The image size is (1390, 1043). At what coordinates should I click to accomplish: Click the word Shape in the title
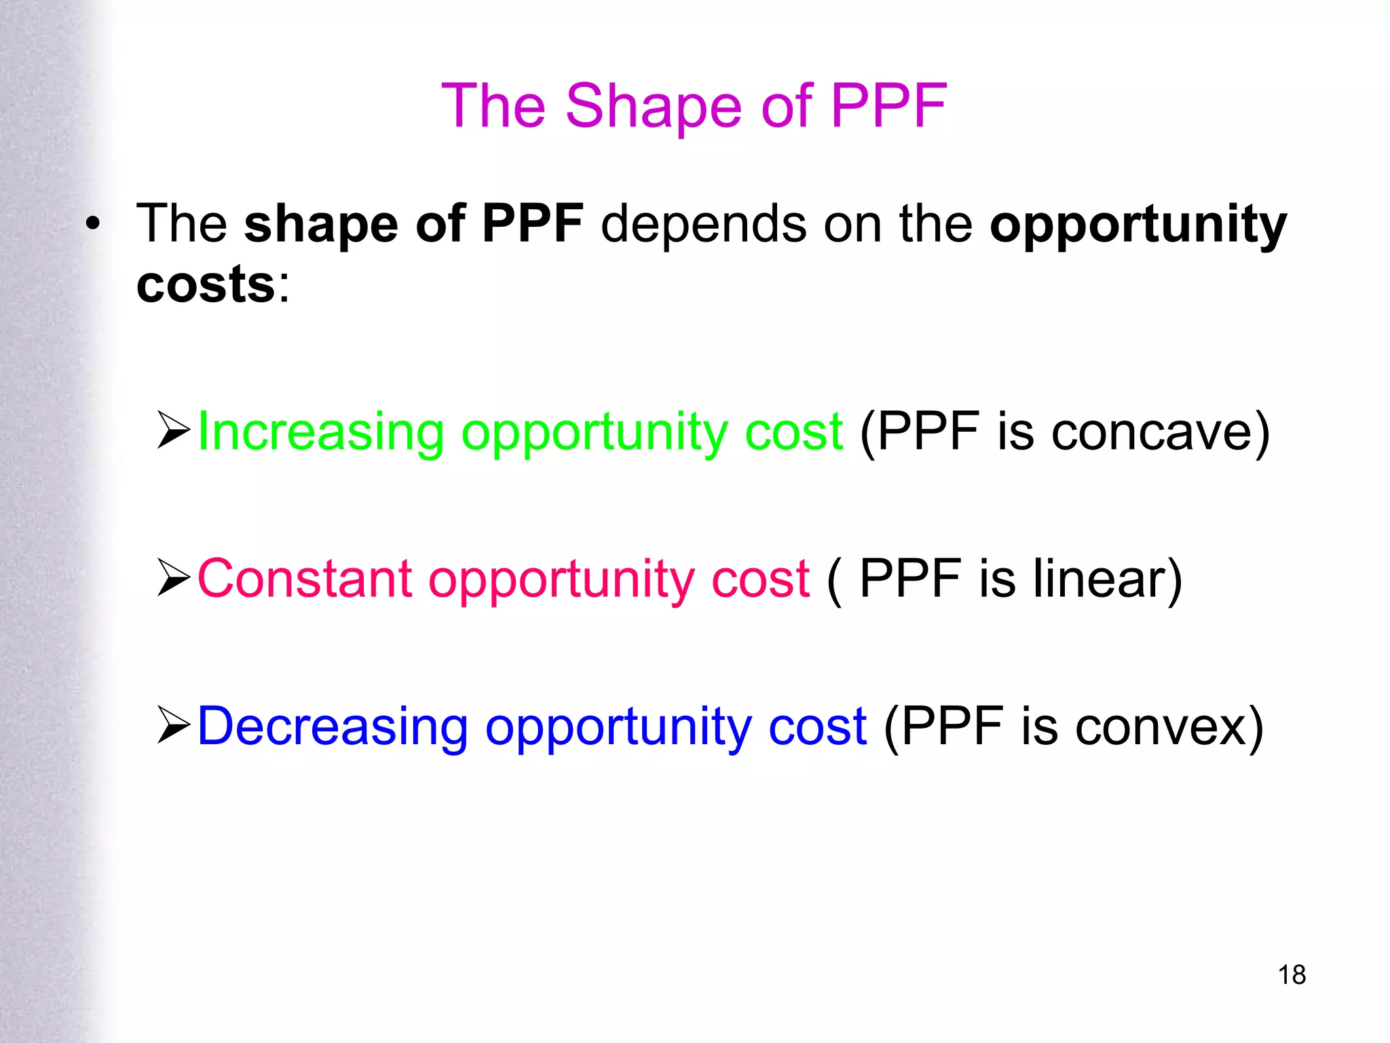pos(653,107)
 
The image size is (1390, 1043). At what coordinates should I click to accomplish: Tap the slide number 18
pos(1292,975)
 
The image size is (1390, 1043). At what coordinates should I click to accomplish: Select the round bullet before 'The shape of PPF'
pos(93,224)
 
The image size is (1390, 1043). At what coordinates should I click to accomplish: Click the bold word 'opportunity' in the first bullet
pos(1138,225)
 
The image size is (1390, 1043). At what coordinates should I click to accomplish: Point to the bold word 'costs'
pos(206,285)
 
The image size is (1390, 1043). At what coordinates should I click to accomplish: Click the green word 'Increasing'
pos(320,433)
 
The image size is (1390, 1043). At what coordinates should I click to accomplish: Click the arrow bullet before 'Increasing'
pos(174,431)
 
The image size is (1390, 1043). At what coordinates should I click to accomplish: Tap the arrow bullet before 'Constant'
pos(174,577)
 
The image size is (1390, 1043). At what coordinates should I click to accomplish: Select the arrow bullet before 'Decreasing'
pos(174,725)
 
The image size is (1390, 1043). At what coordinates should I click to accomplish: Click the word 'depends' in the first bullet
pos(703,224)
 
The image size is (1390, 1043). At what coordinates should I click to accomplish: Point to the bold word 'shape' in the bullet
pos(321,225)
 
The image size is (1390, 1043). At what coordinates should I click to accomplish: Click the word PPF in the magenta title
pos(888,107)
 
